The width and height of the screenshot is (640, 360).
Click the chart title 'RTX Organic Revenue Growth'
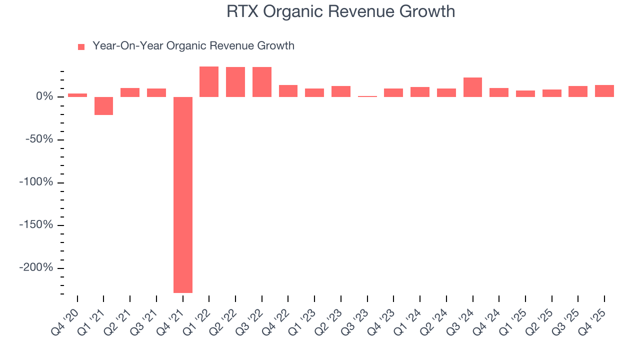click(x=340, y=11)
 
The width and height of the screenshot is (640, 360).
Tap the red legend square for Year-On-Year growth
click(x=81, y=47)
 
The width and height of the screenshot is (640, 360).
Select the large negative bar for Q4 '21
click(x=183, y=194)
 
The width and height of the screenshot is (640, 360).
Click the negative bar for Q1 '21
click(x=104, y=106)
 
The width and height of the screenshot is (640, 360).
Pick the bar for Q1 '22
click(x=209, y=81)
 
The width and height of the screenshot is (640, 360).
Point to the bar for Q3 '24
click(x=472, y=87)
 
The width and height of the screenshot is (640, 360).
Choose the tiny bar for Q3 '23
click(x=367, y=96)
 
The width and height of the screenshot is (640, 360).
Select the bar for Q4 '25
click(x=604, y=91)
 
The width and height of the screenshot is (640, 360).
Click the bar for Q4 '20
click(x=77, y=95)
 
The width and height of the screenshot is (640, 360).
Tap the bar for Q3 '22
click(x=262, y=82)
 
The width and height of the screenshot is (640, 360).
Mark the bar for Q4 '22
click(x=288, y=91)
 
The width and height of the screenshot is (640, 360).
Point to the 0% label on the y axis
click(x=43, y=96)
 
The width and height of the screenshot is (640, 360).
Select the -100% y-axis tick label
click(x=36, y=182)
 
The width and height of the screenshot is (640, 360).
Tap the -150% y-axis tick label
click(x=36, y=225)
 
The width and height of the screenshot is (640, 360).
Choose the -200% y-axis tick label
click(x=36, y=267)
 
